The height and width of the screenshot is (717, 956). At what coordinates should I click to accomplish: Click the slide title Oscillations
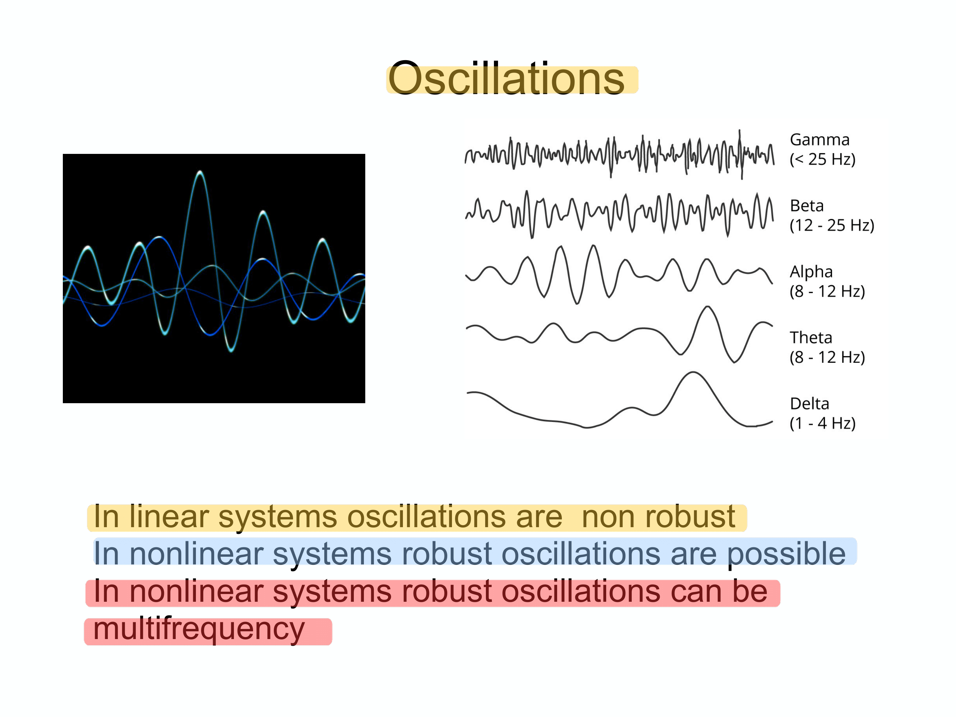pyautogui.click(x=506, y=79)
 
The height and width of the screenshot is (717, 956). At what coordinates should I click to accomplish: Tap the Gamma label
pyautogui.click(x=820, y=139)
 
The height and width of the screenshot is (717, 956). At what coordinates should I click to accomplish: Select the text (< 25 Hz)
pyautogui.click(x=823, y=159)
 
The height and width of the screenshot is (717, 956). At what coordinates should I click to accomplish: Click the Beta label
pyautogui.click(x=806, y=206)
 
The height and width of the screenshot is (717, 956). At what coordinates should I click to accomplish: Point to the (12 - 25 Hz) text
pyautogui.click(x=832, y=225)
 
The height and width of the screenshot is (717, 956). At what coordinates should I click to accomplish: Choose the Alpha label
pyautogui.click(x=811, y=272)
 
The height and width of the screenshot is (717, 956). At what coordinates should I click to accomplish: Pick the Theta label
pyautogui.click(x=811, y=338)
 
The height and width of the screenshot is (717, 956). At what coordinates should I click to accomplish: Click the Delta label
pyautogui.click(x=809, y=404)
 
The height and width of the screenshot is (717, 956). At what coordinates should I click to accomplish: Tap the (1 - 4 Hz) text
pyautogui.click(x=823, y=423)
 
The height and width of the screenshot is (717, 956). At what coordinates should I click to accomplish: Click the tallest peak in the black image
pyautogui.click(x=200, y=172)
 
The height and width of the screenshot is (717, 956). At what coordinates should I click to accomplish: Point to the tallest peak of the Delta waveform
pyautogui.click(x=693, y=373)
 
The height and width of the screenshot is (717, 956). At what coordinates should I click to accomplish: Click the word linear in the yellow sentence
pyautogui.click(x=168, y=516)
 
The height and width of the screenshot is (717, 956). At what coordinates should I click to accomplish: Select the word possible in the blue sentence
pyautogui.click(x=787, y=554)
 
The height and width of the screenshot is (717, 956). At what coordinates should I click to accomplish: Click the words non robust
pyautogui.click(x=658, y=516)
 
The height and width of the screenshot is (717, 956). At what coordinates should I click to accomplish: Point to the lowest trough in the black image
pyautogui.click(x=231, y=350)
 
